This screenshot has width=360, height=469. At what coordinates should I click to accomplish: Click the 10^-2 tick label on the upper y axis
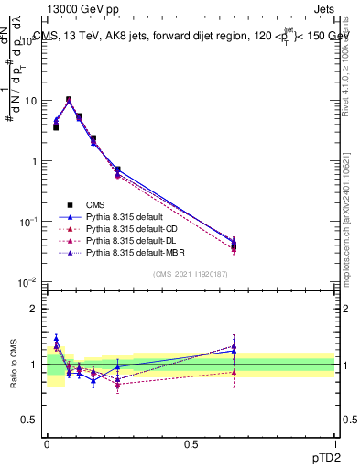click(29, 282)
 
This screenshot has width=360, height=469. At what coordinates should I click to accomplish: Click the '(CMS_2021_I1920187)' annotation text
click(191, 274)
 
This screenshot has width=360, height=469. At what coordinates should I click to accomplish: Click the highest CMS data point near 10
click(69, 100)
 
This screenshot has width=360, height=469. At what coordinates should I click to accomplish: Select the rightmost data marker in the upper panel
click(234, 245)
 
